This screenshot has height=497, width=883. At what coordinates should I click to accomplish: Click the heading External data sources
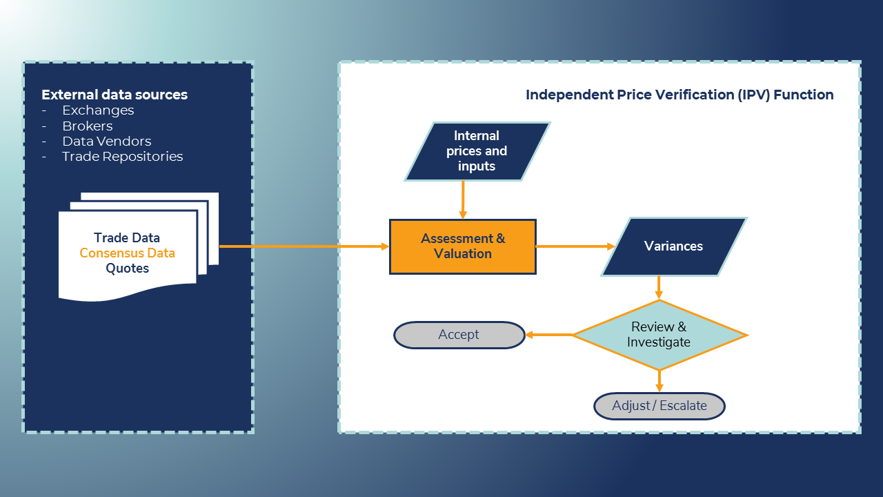tap(115, 95)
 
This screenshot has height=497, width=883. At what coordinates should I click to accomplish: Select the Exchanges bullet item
tap(98, 110)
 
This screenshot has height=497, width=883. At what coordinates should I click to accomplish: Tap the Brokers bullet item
tap(87, 126)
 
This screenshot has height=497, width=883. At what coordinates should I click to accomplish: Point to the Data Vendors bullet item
tap(106, 142)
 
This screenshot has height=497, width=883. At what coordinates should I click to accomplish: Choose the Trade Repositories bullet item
tap(122, 157)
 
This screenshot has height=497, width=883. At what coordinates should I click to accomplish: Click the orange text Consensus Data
tap(127, 253)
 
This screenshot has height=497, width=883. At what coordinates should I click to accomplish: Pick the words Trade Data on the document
tap(127, 238)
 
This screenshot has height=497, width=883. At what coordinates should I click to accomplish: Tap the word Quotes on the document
tap(127, 269)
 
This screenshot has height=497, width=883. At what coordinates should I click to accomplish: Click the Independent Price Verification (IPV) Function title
tap(679, 95)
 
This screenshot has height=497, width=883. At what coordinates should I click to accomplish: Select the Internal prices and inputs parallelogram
tap(477, 151)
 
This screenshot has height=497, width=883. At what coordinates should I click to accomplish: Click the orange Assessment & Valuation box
tap(463, 246)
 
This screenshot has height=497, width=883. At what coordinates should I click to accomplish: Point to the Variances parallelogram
tap(673, 246)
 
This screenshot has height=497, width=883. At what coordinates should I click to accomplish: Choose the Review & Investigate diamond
tap(659, 335)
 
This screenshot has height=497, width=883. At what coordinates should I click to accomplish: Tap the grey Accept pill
tap(459, 335)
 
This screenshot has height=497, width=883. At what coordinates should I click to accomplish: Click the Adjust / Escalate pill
tap(659, 406)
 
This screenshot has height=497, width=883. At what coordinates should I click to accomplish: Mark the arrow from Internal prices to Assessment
tap(463, 200)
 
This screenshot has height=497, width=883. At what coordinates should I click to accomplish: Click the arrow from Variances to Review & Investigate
tap(659, 287)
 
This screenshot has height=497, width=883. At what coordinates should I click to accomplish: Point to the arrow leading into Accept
tap(549, 335)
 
